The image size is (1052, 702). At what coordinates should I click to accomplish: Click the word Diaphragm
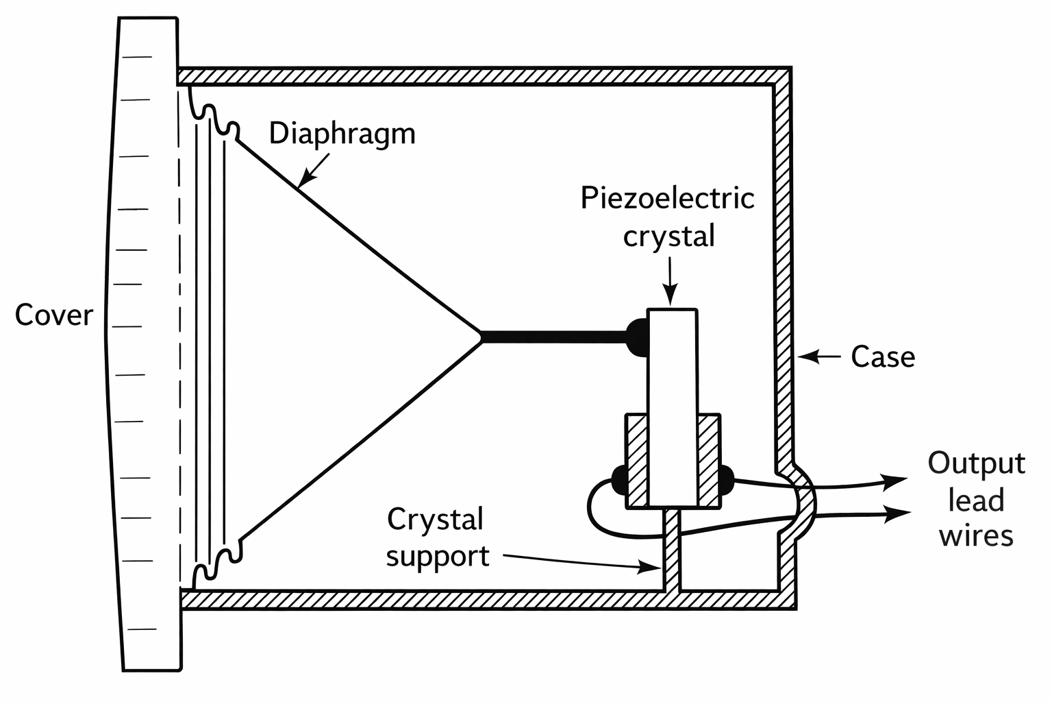(x=342, y=134)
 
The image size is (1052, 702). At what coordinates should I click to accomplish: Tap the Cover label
(x=53, y=315)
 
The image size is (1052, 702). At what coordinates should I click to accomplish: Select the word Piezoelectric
(x=667, y=199)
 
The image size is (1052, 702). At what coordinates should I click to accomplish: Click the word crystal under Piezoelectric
(x=668, y=237)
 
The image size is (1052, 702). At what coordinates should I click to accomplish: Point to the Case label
(x=882, y=356)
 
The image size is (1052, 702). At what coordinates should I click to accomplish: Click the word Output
(x=976, y=464)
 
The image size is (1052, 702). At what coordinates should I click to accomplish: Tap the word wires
(x=976, y=535)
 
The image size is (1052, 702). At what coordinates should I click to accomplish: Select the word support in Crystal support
(x=437, y=555)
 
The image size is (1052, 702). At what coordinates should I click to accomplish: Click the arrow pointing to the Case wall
(x=819, y=356)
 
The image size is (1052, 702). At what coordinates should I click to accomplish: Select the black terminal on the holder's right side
(x=726, y=479)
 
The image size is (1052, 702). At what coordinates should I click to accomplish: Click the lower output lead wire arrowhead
(x=897, y=513)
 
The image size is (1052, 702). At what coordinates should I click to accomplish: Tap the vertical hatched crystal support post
(x=673, y=548)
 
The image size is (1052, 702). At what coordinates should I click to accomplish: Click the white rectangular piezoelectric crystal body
(x=673, y=404)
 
